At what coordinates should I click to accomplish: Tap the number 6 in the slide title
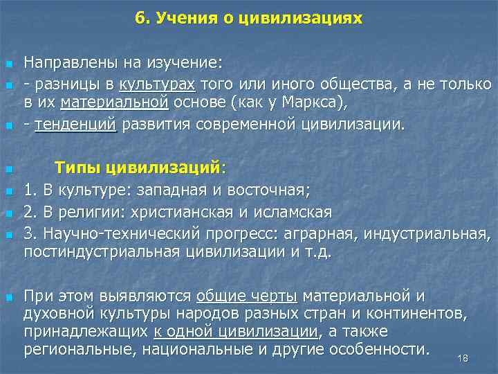[x=140, y=18]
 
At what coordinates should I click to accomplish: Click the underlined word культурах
[x=158, y=84]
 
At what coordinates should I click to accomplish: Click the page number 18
[x=463, y=358]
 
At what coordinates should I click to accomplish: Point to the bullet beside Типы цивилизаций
[x=8, y=170]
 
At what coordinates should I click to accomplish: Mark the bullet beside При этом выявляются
[x=8, y=297]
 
